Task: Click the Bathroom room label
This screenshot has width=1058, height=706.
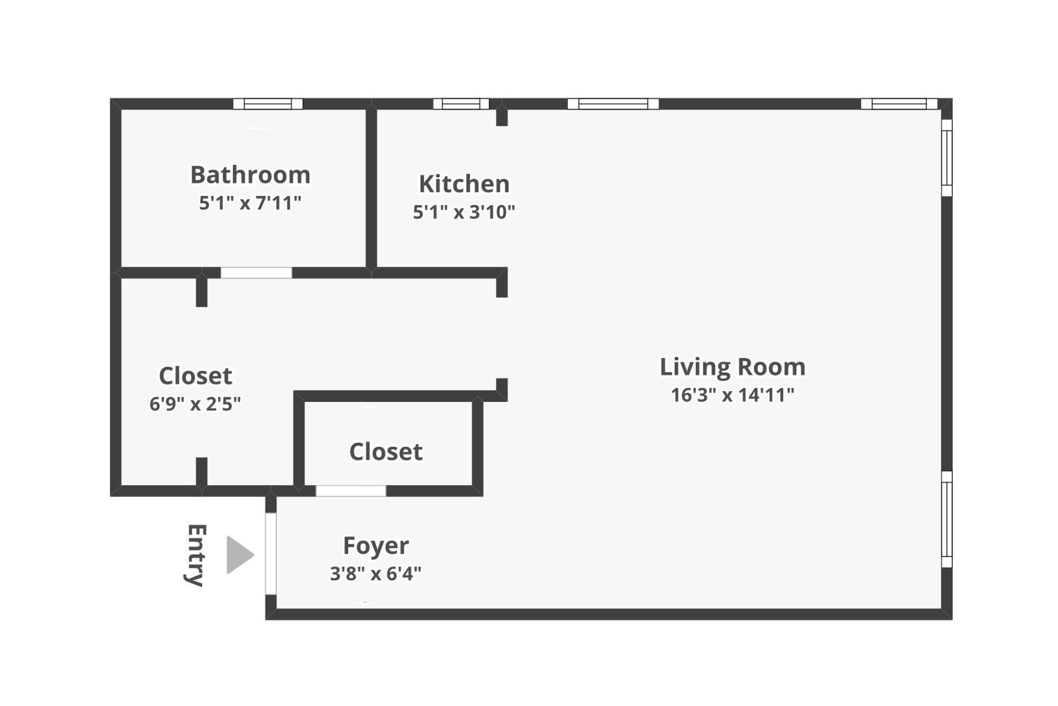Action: [x=250, y=175]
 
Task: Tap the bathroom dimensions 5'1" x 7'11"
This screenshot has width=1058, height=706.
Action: [x=250, y=203]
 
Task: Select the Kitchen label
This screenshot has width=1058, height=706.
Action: [x=464, y=184]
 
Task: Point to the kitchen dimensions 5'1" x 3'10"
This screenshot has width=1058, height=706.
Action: [x=464, y=212]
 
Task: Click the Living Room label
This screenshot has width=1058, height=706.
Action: [x=732, y=367]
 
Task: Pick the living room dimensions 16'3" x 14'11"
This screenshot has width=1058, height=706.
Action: [x=732, y=395]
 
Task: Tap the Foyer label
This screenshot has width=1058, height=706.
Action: [x=376, y=545]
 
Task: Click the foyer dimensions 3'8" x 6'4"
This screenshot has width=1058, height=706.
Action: [x=376, y=574]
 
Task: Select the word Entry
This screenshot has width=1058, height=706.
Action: [x=196, y=555]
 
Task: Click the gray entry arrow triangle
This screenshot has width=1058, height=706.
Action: [x=238, y=555]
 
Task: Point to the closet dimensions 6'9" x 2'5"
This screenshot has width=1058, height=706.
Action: [x=195, y=404]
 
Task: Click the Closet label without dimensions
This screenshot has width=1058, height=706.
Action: [x=386, y=452]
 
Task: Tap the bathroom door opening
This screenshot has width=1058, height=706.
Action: [x=256, y=272]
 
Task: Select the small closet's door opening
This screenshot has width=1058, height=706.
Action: [x=351, y=490]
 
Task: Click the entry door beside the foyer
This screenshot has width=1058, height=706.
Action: [x=271, y=554]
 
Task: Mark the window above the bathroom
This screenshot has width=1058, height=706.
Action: [x=268, y=104]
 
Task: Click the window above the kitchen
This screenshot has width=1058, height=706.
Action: [x=461, y=104]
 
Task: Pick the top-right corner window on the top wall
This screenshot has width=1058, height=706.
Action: [x=899, y=104]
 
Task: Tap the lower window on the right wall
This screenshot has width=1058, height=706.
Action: [x=947, y=519]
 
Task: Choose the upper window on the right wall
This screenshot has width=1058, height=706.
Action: [x=947, y=158]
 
